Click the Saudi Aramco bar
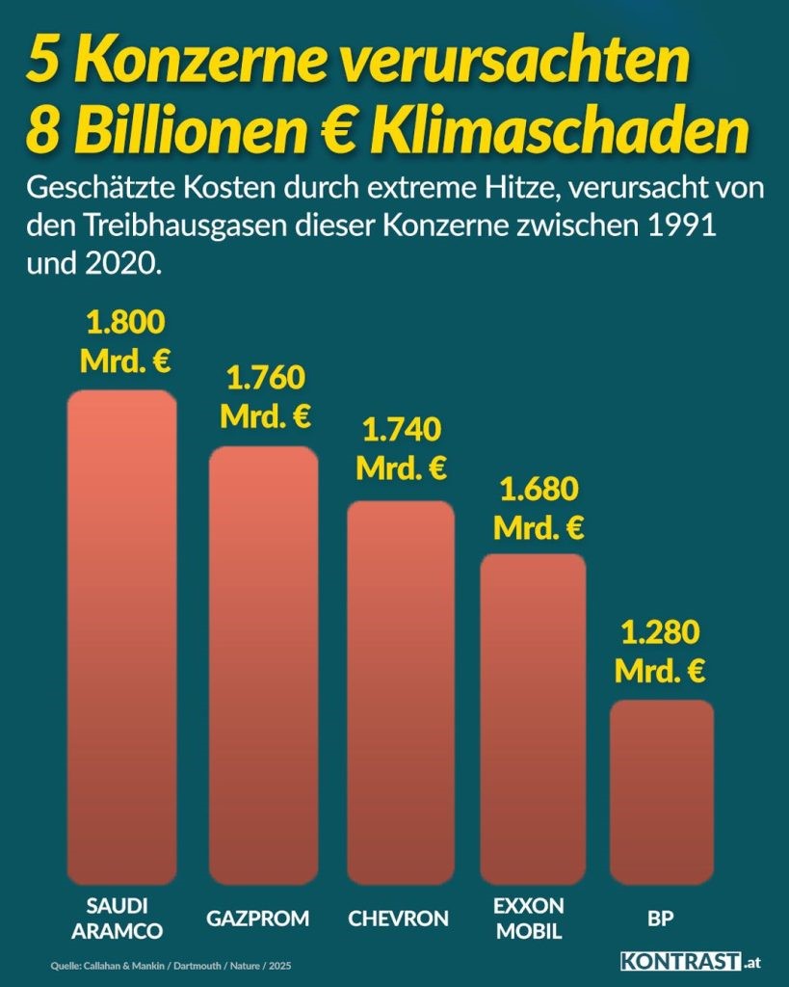coord(121,636)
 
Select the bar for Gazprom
coord(263,665)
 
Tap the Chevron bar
coord(400,692)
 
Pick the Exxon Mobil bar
coord(533,718)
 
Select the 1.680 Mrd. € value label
coord(539,509)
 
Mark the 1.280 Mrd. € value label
coord(660,653)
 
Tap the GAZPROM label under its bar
coord(258,919)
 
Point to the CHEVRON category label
coord(398,919)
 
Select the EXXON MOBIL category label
coord(528,919)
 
